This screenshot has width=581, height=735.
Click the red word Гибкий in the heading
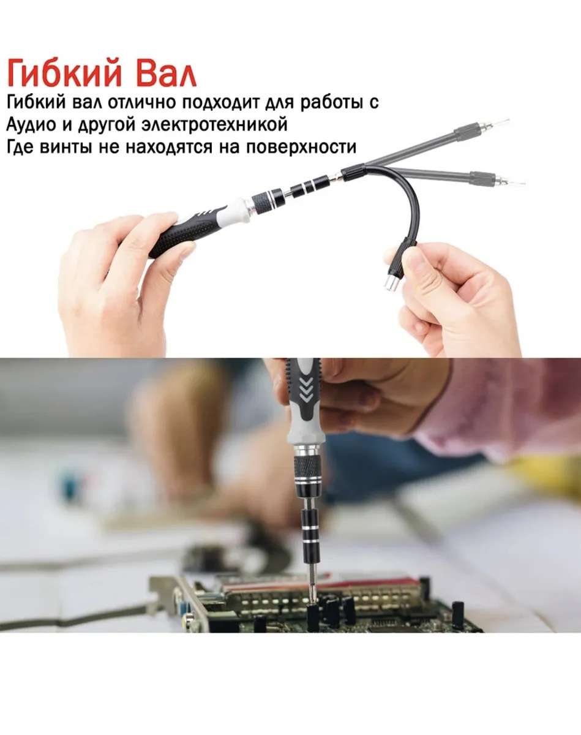(64, 73)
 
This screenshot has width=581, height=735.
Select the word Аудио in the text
(31, 125)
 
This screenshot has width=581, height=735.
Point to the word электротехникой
(214, 124)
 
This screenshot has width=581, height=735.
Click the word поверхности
(301, 146)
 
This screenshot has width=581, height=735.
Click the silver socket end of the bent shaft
(392, 283)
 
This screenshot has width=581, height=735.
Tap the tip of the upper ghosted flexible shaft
(509, 120)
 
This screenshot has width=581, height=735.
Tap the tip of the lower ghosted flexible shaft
(524, 183)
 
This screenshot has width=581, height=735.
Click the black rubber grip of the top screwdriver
(182, 232)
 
